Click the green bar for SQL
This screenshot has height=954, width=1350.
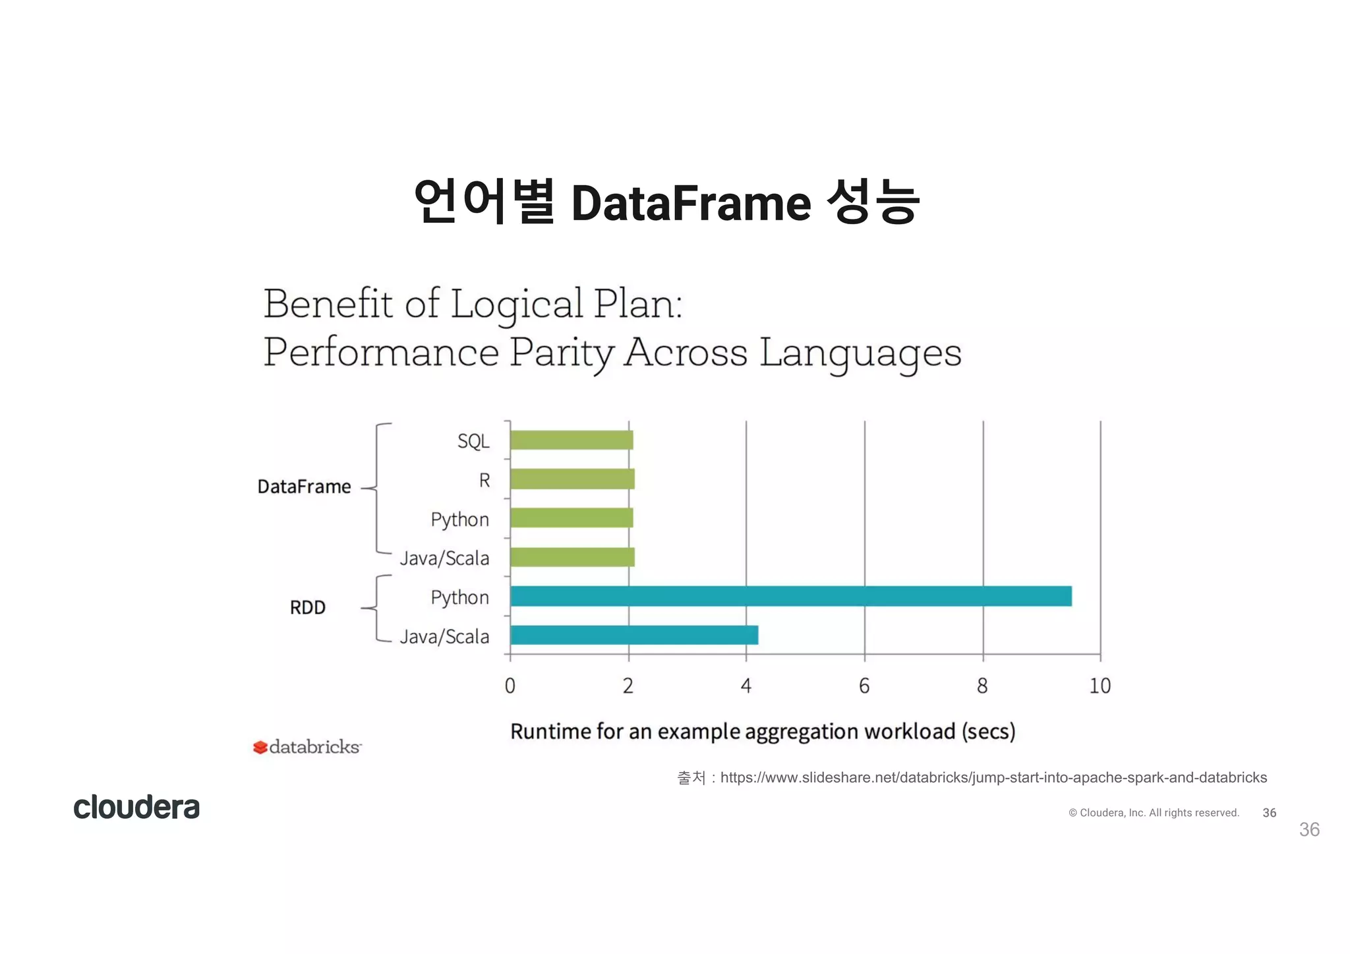[x=572, y=440]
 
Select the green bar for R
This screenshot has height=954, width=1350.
[x=572, y=479]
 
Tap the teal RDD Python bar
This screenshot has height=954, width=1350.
[x=790, y=596]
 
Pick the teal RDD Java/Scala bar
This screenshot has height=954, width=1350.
[x=634, y=635]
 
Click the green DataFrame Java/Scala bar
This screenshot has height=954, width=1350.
[x=572, y=557]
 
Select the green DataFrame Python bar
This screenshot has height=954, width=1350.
[x=572, y=518]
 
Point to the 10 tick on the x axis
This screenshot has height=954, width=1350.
[x=1100, y=686]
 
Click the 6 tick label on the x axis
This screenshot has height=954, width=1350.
[x=864, y=686]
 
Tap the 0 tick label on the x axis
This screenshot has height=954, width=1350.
[x=510, y=686]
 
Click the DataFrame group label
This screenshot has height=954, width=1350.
[x=304, y=487]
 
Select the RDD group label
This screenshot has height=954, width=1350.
[x=308, y=607]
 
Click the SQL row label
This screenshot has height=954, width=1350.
[x=473, y=441]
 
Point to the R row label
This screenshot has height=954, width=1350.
[x=484, y=480]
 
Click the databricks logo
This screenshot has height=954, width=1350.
[x=307, y=747]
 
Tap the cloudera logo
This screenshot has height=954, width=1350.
[x=136, y=807]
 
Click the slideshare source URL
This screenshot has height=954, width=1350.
[x=993, y=777]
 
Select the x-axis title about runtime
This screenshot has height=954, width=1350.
[x=763, y=731]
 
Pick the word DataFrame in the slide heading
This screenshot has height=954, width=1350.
[x=691, y=202]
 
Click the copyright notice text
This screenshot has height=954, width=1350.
[x=1154, y=813]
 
